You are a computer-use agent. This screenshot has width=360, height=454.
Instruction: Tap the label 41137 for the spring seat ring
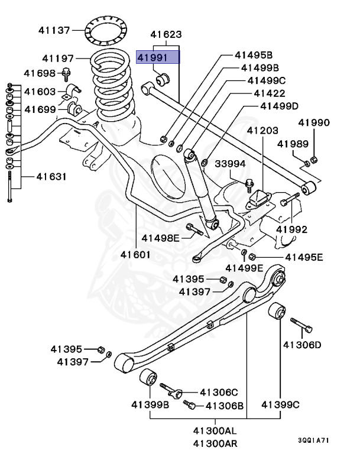pyautogui.click(x=54, y=29)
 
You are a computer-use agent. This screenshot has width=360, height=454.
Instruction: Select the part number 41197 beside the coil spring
pyautogui.click(x=58, y=59)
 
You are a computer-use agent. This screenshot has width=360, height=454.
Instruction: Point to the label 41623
pyautogui.click(x=166, y=35)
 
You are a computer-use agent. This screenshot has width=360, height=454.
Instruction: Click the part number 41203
pyautogui.click(x=262, y=129)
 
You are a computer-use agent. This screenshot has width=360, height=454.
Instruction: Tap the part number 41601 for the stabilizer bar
pyautogui.click(x=136, y=255)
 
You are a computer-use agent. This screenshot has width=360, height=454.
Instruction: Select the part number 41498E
pyautogui.click(x=160, y=238)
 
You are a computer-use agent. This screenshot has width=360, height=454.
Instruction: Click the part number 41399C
pyautogui.click(x=281, y=405)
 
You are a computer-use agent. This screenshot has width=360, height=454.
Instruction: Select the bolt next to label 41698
pyautogui.click(x=67, y=74)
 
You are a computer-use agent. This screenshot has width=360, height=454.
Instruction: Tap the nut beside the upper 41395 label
pyautogui.click(x=223, y=279)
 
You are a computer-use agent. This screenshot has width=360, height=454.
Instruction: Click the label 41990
pyautogui.click(x=314, y=123)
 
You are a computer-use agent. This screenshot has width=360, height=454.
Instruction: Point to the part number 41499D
pyautogui.click(x=280, y=106)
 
